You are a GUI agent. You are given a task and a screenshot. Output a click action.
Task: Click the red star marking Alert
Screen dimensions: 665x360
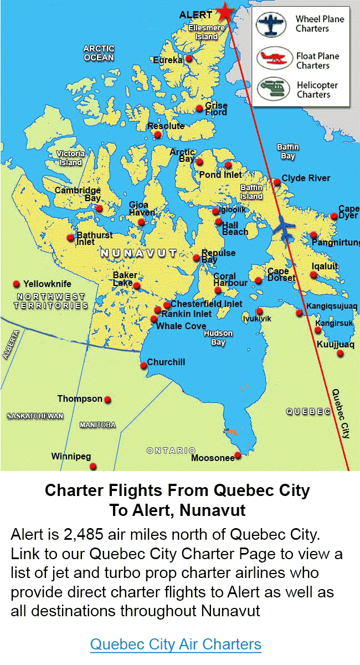[225, 11]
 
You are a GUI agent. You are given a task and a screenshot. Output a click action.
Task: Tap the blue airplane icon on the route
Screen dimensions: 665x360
[285, 227]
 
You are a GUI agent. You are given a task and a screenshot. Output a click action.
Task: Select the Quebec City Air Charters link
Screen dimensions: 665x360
[176, 644]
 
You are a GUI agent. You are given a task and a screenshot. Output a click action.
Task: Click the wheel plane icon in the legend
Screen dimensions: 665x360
[271, 24]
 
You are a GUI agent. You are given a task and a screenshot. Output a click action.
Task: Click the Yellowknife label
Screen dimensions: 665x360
[47, 284]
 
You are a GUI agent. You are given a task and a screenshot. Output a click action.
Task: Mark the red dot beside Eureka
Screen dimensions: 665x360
[189, 58]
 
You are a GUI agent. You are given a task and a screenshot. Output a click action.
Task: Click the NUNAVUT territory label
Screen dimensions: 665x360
[138, 253]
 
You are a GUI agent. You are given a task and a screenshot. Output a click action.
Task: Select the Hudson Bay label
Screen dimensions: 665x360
[218, 337]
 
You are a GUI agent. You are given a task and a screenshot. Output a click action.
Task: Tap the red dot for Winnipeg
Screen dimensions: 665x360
[94, 466]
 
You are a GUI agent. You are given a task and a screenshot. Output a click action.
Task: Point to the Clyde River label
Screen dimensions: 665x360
[306, 178]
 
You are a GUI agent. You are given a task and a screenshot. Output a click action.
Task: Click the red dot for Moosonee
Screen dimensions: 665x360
[238, 456]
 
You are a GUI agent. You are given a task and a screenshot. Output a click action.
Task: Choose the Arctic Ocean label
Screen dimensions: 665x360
[99, 53]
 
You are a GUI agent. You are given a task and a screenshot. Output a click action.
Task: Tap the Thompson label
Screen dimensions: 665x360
[80, 398]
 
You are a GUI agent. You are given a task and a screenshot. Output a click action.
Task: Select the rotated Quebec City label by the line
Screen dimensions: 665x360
[341, 413]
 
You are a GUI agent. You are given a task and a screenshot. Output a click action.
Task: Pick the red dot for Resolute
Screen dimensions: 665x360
[158, 135]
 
